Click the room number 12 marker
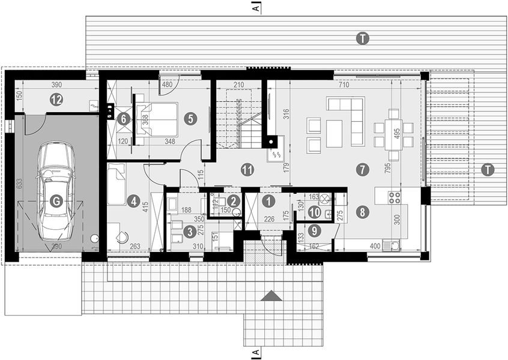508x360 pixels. click(56, 100)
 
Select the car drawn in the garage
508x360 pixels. click(55, 191)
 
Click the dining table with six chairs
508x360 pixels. click(393, 127)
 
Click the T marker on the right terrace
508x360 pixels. click(488, 170)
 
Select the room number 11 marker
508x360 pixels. click(246, 169)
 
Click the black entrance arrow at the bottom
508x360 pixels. click(272, 295)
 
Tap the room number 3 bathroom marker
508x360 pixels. click(190, 230)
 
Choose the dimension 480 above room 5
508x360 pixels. click(168, 85)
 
